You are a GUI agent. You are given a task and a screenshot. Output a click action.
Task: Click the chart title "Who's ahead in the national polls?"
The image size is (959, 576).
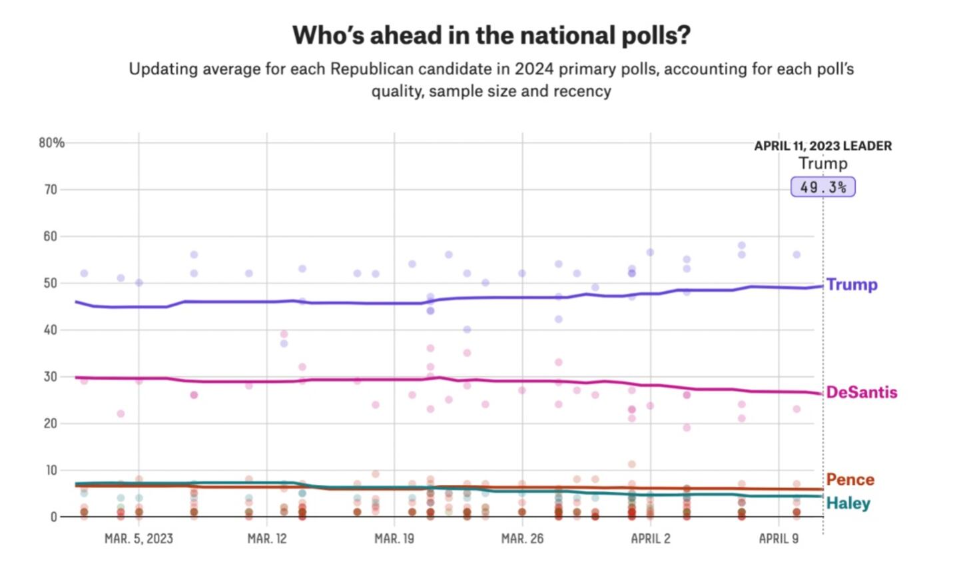tap(491, 35)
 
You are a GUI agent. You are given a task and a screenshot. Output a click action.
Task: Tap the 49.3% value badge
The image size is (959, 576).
tap(822, 187)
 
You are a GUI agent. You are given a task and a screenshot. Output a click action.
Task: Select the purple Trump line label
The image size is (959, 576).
tap(852, 284)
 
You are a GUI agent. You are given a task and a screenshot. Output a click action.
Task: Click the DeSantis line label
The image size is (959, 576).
tap(861, 392)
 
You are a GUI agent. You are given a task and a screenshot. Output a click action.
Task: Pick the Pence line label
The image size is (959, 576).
tap(850, 479)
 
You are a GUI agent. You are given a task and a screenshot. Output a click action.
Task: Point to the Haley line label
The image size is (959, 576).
tap(848, 503)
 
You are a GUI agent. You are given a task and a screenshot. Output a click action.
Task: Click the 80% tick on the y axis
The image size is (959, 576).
tap(51, 143)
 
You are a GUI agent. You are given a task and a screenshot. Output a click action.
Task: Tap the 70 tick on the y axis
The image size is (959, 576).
tap(51, 190)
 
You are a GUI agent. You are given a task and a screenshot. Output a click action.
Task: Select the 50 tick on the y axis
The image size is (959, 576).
tap(51, 283)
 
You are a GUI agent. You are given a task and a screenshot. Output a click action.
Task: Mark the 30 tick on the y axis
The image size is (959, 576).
tap(51, 376)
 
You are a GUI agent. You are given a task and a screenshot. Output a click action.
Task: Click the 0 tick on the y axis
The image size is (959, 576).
tap(54, 517)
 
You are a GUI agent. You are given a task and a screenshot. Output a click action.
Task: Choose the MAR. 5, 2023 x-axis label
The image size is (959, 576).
tap(139, 538)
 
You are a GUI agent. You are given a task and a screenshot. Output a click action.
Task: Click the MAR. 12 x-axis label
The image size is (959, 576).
tap(267, 538)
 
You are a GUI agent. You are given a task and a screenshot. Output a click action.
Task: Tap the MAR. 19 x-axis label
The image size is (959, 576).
tap(394, 538)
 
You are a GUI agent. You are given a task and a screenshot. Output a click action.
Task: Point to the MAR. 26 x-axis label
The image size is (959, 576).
tap(522, 538)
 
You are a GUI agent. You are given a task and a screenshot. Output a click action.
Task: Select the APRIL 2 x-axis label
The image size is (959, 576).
tap(651, 538)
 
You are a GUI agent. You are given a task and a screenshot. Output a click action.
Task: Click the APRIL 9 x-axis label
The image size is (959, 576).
tap(779, 538)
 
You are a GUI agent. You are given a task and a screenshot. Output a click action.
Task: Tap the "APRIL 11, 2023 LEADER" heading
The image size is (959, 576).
tap(822, 146)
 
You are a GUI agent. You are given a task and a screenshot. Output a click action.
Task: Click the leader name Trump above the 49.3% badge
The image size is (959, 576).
tap(822, 164)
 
